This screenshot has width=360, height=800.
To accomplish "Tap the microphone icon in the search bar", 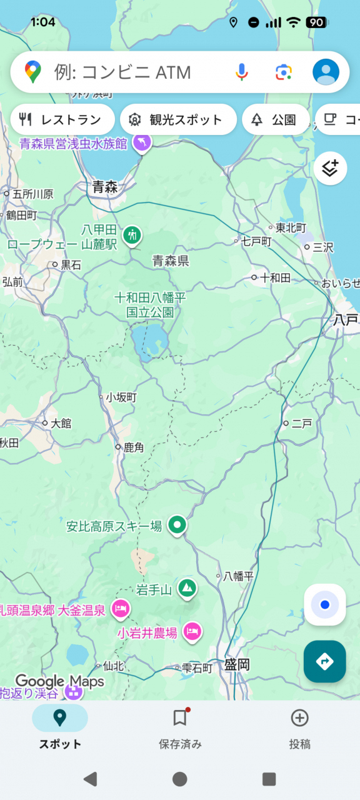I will [241, 72].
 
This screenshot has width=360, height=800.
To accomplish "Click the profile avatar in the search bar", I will [326, 72].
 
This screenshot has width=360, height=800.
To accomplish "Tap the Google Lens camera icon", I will [284, 72].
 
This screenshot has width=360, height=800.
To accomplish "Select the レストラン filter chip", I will [62, 119].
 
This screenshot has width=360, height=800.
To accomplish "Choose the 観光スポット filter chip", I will [177, 119].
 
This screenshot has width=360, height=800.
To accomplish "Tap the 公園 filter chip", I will [275, 119].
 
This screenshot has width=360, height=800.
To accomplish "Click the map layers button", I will [330, 168].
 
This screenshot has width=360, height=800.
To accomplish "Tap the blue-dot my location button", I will [325, 604].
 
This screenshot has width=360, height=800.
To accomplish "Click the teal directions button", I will [325, 661].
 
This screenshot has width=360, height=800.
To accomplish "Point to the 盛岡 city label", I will [237, 665].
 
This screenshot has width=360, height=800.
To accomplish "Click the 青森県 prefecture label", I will [171, 261].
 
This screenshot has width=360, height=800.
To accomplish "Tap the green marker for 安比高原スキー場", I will [177, 525].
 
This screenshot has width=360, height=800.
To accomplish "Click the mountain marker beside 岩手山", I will [187, 587].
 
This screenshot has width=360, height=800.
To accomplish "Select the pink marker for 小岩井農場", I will [193, 632].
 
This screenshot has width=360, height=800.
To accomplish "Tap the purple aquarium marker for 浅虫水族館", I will [142, 142].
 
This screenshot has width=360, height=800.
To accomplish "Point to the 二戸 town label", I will [301, 424].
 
